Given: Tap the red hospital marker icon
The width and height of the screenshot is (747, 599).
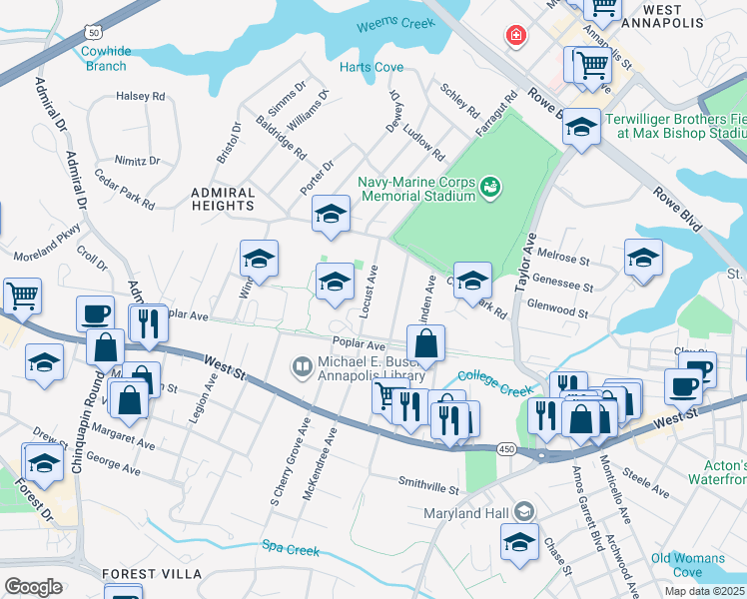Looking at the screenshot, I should (516, 37).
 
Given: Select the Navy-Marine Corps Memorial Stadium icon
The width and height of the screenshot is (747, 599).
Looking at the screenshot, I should (489, 186).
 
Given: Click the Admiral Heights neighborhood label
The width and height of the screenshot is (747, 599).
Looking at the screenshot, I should (224, 198).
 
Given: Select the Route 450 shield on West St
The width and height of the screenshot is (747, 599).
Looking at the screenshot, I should (506, 450).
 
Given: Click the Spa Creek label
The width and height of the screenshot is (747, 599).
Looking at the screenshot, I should (282, 546).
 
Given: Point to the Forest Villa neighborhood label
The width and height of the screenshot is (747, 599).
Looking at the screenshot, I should (151, 574).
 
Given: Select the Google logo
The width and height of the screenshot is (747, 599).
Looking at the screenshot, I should (33, 586).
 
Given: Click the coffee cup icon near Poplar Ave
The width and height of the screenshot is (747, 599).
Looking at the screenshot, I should (95, 313).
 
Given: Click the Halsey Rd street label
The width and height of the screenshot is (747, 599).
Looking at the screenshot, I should (141, 96).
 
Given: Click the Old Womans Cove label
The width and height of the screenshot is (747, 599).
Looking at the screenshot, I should (689, 565).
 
